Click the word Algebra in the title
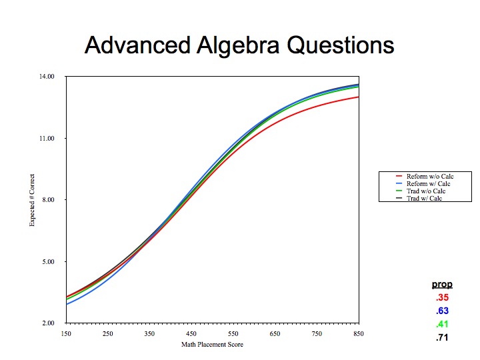point(238,45)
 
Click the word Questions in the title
point(341,45)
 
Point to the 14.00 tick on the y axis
point(47,76)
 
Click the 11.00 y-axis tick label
point(47,139)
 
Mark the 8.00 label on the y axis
point(49,199)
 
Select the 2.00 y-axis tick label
point(49,323)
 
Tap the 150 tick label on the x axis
point(66,334)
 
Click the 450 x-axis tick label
point(191,334)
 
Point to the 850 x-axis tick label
point(359,334)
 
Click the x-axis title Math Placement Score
point(212,345)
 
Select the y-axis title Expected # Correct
point(32,200)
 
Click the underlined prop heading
point(442,285)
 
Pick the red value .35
point(443,297)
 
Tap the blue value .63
point(443,311)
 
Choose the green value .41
point(443,324)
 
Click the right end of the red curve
point(359,97)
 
